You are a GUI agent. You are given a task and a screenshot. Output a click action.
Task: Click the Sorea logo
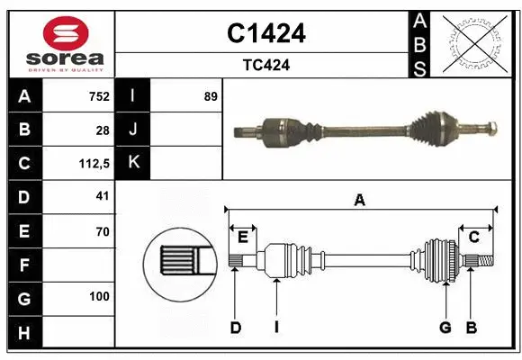pyautogui.click(x=60, y=42)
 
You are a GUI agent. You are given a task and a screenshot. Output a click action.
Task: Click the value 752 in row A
pyautogui.click(x=98, y=96)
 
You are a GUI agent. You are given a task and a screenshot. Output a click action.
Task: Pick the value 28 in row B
pyautogui.click(x=102, y=130)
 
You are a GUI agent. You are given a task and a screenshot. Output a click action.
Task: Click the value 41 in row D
pyautogui.click(x=102, y=195)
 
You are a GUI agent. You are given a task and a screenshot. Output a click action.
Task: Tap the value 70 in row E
pyautogui.click(x=102, y=231)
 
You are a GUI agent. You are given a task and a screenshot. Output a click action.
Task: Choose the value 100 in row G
pyautogui.click(x=98, y=296)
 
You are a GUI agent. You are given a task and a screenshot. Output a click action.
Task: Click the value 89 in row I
pyautogui.click(x=211, y=96)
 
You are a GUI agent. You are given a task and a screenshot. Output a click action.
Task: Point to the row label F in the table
pyautogui.click(x=23, y=265)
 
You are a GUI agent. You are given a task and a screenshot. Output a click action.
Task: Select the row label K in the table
pyautogui.click(x=132, y=163)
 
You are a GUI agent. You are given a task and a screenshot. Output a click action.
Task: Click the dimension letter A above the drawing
pyautogui.click(x=360, y=201)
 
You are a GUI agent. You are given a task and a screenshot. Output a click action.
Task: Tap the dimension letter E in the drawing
pyautogui.click(x=242, y=237)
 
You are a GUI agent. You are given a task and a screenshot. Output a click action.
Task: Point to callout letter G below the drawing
pyautogui.click(x=445, y=328)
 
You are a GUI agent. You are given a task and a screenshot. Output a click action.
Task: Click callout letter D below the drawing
pyautogui.click(x=235, y=328)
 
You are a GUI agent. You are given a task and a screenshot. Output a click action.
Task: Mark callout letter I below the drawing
pyautogui.click(x=277, y=328)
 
